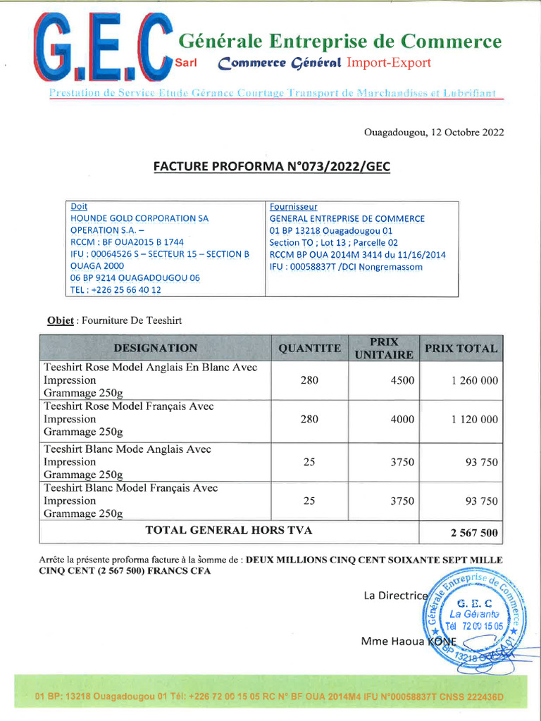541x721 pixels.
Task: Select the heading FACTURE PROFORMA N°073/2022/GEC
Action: [x=271, y=167]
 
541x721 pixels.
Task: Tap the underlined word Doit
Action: [x=79, y=207]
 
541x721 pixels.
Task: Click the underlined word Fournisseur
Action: [x=293, y=207]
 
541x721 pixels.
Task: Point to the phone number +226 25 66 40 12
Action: [x=116, y=289]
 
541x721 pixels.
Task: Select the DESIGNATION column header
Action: [x=155, y=348]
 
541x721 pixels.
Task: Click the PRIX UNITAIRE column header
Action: [x=383, y=348]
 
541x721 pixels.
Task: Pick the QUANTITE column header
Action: [x=309, y=349]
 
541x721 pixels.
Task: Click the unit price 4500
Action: [x=402, y=380]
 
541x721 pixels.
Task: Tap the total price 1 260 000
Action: [x=474, y=380]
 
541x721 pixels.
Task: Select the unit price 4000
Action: [x=402, y=419]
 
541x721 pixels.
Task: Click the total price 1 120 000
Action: [x=474, y=419]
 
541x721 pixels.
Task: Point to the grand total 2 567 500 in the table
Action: [x=474, y=533]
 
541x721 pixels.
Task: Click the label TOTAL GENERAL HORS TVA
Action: [x=229, y=530]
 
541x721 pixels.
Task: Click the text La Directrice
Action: [x=395, y=596]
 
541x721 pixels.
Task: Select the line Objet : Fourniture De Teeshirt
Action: [x=114, y=320]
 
